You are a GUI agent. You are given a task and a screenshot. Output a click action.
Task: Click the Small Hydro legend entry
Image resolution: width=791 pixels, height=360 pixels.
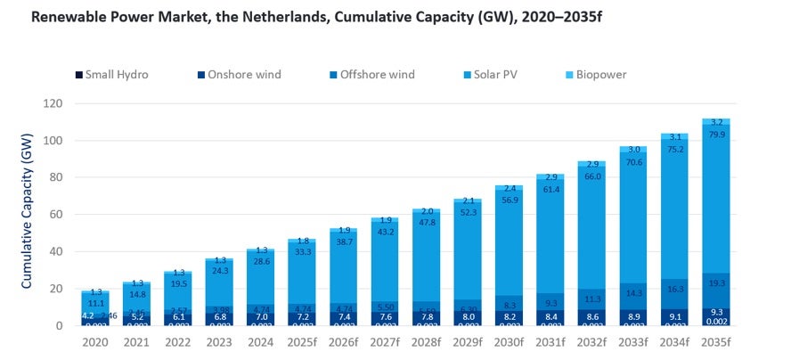[x=112, y=75]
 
